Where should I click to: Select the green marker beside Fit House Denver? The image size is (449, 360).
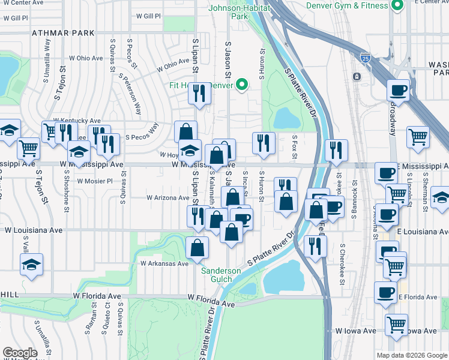(x=243, y=85)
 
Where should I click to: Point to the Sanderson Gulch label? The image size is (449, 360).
(x=221, y=275)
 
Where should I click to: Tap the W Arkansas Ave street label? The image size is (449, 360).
(x=164, y=263)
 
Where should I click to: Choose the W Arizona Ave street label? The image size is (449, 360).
(x=168, y=197)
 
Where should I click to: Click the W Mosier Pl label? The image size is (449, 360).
(x=95, y=181)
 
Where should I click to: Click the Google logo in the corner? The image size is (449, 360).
(x=20, y=353)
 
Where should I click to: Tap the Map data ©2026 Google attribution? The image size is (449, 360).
(x=412, y=355)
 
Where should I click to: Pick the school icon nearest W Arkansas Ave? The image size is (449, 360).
(x=31, y=264)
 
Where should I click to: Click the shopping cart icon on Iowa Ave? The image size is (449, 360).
(x=396, y=325)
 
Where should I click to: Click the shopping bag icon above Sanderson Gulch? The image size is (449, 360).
(x=197, y=247)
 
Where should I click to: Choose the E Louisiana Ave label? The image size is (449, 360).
(x=423, y=230)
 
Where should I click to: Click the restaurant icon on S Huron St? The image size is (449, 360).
(x=264, y=142)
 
